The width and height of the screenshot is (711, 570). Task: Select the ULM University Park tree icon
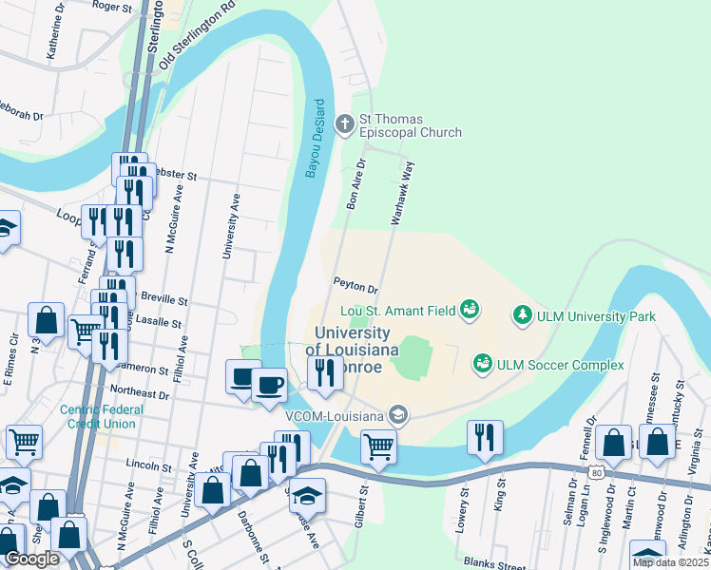[521, 313]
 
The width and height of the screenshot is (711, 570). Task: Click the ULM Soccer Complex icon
[482, 364]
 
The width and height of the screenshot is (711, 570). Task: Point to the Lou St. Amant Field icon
[469, 309]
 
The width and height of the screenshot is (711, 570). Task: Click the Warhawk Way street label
[403, 193]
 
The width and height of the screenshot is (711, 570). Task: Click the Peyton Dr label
[355, 284]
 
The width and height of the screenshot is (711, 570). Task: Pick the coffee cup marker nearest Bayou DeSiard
[268, 385]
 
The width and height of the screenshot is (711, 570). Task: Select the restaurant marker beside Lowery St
[485, 437]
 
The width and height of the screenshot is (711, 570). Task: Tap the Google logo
[32, 559]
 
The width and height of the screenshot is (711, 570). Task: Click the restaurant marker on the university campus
[325, 372]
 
